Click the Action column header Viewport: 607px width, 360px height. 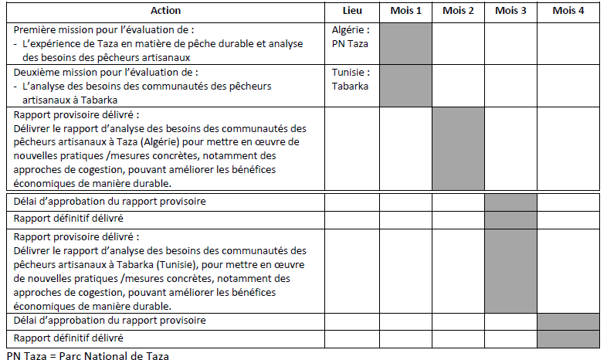click(x=166, y=11)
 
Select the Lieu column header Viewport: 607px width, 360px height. click(x=351, y=11)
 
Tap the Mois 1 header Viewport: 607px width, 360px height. click(x=405, y=11)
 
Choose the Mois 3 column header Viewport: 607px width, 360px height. click(x=510, y=11)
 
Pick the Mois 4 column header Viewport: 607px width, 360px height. click(x=568, y=11)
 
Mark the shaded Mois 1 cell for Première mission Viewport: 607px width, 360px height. click(x=405, y=42)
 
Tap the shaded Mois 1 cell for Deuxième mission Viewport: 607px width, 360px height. click(x=405, y=85)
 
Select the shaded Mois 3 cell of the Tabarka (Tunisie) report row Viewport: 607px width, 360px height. click(x=510, y=270)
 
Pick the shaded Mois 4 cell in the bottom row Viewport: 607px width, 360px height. click(x=568, y=338)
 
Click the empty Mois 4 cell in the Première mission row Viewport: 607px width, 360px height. click(x=568, y=42)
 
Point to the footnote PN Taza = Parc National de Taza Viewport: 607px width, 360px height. click(x=86, y=355)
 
